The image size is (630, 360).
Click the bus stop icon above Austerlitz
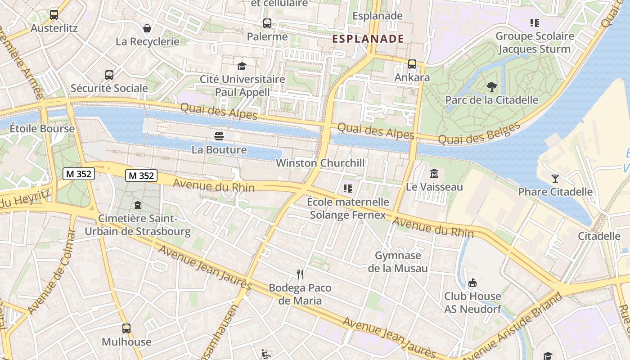pyautogui.click(x=54, y=14)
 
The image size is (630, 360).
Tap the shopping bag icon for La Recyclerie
pyautogui.click(x=147, y=29)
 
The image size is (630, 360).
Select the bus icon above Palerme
pyautogui.click(x=267, y=23)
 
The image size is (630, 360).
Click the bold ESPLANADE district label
pyautogui.click(x=368, y=39)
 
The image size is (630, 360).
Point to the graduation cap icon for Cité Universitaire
pyautogui.click(x=242, y=66)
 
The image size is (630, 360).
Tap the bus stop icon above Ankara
pyautogui.click(x=412, y=64)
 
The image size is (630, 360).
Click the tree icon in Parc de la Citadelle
pyautogui.click(x=491, y=87)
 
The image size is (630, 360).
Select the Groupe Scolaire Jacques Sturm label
pyautogui.click(x=535, y=42)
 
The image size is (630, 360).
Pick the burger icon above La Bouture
pyautogui.click(x=219, y=136)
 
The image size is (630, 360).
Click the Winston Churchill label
pyautogui.click(x=320, y=163)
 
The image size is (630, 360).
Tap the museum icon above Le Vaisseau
pyautogui.click(x=434, y=173)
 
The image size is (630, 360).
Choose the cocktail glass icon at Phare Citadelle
pyautogui.click(x=555, y=179)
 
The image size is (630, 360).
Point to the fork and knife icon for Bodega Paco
pyautogui.click(x=300, y=274)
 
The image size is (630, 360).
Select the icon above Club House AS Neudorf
pyautogui.click(x=472, y=283)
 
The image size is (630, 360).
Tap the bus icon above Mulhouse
pyautogui.click(x=126, y=328)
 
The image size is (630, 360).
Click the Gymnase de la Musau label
pyautogui.click(x=398, y=262)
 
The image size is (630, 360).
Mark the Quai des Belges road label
pyautogui.click(x=479, y=134)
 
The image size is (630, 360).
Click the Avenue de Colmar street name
pyautogui.click(x=52, y=272)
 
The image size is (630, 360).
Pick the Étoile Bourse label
pyautogui.click(x=42, y=128)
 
